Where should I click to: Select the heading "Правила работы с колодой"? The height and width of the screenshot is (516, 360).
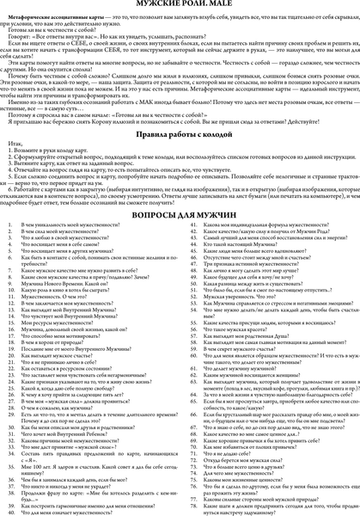coord(180,133)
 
